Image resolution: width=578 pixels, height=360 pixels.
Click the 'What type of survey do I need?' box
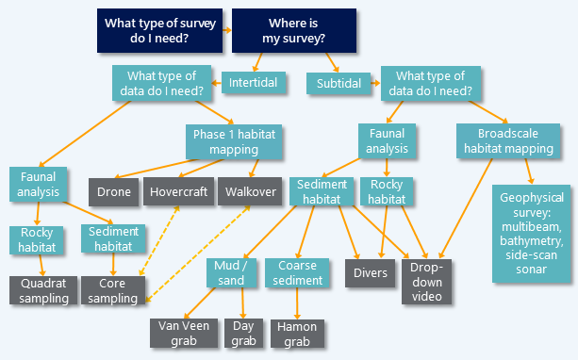(x=158, y=31)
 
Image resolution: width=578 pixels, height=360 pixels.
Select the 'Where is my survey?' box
(x=293, y=31)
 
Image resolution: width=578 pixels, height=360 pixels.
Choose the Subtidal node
(x=338, y=84)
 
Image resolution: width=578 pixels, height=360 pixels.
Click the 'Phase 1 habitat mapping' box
(x=236, y=142)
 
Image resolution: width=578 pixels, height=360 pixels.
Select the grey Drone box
(x=113, y=192)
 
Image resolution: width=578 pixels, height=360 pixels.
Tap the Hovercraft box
(x=178, y=192)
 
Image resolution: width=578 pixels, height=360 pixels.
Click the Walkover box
(x=248, y=192)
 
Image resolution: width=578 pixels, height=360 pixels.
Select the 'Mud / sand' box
(x=230, y=272)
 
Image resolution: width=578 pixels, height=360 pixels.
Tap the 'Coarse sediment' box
(x=296, y=272)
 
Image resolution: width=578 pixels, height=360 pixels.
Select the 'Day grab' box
(x=243, y=332)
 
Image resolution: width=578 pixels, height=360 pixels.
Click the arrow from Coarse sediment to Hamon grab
(x=297, y=303)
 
